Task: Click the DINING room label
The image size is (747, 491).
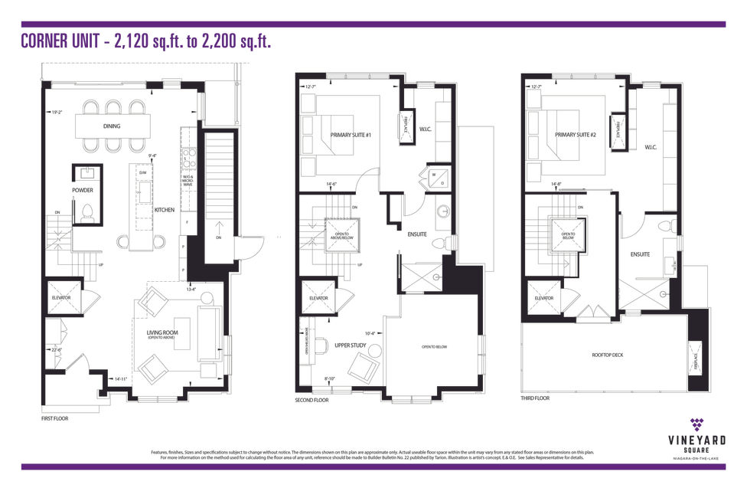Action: tap(112, 126)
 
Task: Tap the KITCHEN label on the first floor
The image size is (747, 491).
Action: tap(165, 210)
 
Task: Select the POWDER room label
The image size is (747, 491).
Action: tap(83, 190)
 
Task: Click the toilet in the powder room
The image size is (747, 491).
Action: tap(86, 211)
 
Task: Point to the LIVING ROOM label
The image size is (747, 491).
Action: tap(161, 332)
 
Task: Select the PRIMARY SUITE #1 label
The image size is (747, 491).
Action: tap(351, 136)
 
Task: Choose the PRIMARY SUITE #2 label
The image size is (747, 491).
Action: tap(575, 135)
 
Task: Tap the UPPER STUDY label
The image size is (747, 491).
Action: tap(351, 345)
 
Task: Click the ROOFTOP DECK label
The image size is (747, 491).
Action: tap(608, 355)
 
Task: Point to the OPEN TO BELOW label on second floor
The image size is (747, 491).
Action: tap(434, 346)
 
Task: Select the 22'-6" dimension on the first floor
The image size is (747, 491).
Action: tap(56, 351)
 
